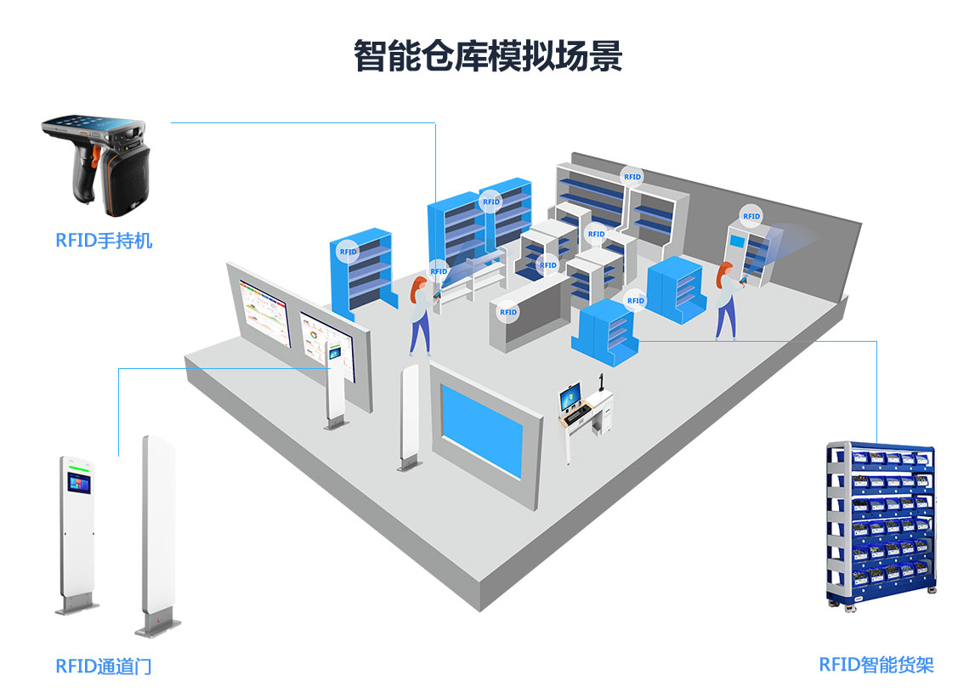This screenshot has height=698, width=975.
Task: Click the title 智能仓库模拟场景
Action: coord(488,56)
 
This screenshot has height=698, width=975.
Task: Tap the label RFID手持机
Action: coord(104,241)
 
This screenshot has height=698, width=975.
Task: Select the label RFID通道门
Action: coord(104,667)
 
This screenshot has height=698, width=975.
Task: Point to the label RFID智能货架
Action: coord(876,664)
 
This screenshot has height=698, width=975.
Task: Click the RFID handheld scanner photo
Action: coord(96,165)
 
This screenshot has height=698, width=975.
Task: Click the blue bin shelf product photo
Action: coord(881,525)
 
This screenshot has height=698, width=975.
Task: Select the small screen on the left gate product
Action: coord(79,484)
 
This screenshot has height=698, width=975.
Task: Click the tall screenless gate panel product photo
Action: coord(158,535)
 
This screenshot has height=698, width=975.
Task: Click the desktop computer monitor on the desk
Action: coord(570,396)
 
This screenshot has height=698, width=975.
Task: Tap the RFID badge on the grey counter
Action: coord(508,312)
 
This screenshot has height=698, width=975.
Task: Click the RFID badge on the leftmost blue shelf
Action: coord(349,252)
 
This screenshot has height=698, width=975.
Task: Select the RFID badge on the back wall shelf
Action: coord(632,177)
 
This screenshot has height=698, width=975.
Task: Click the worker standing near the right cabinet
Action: coord(727,301)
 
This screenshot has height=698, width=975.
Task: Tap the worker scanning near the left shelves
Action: coord(421,315)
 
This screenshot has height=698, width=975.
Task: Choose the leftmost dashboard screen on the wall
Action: coord(265,312)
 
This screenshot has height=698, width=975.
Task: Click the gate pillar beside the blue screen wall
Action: coord(409,417)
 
